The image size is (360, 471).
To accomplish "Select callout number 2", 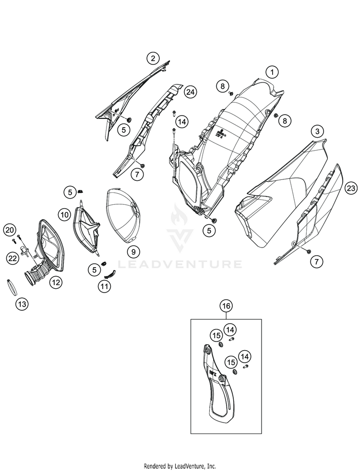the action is (x=153, y=58).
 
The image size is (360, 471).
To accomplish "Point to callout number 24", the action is (x=190, y=92).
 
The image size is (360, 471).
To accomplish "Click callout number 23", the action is (x=351, y=188).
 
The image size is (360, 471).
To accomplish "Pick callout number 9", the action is (x=133, y=252).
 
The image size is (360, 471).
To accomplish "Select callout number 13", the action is (x=22, y=304).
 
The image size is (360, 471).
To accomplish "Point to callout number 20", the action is (x=10, y=230).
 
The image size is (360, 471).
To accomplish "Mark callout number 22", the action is (x=13, y=259).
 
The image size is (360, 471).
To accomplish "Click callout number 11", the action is (x=104, y=286).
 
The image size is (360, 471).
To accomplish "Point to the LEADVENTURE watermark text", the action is (x=180, y=264).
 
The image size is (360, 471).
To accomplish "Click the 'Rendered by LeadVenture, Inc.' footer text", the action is (x=180, y=466).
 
